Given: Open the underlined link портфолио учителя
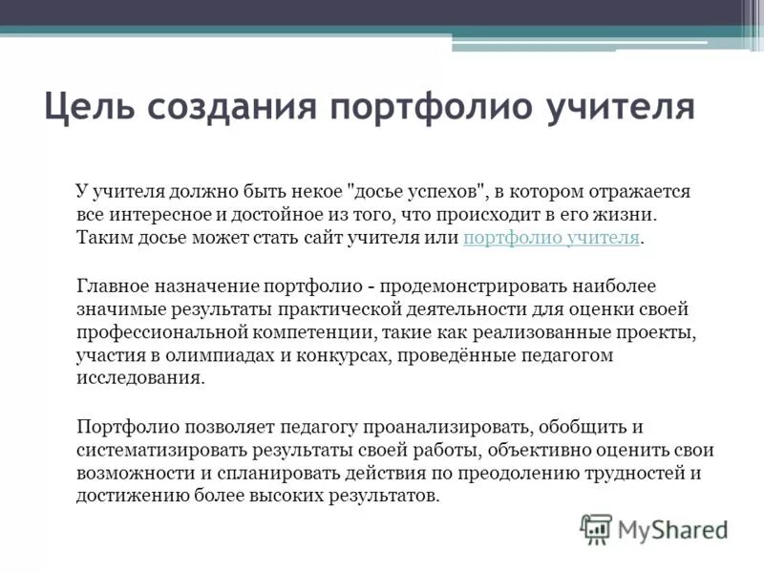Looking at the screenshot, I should [x=551, y=238].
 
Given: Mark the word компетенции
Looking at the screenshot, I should [x=291, y=331].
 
